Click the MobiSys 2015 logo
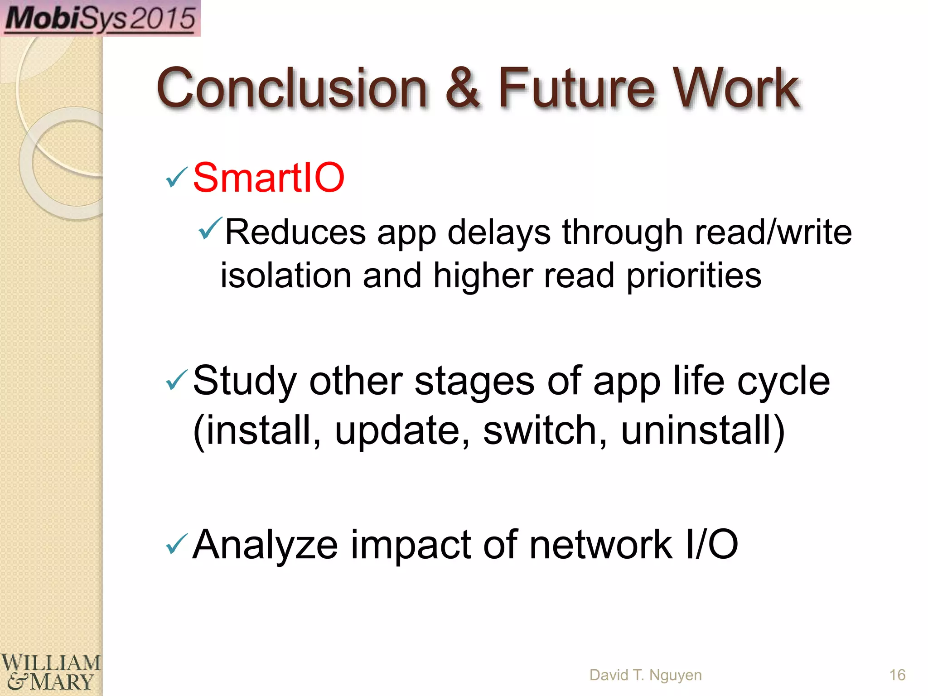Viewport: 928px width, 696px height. click(100, 18)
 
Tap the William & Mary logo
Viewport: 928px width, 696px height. click(50, 672)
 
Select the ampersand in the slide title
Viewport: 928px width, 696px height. click(462, 88)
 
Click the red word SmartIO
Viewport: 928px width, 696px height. click(269, 178)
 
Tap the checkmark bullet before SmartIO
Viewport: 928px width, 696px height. click(176, 177)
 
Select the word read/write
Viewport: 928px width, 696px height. click(773, 232)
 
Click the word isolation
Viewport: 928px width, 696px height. click(286, 276)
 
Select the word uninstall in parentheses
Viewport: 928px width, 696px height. click(698, 430)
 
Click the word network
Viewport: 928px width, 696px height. click(600, 545)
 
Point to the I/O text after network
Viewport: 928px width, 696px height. click(712, 545)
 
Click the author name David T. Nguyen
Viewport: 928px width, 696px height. click(645, 675)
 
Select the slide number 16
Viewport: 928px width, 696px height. click(897, 675)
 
